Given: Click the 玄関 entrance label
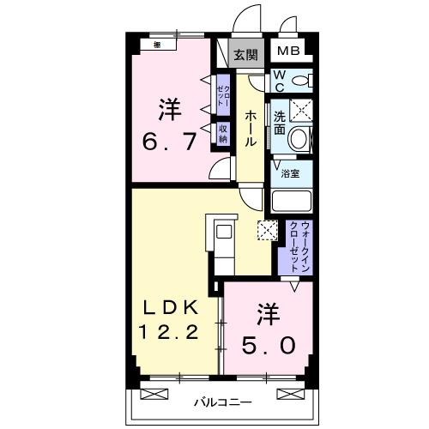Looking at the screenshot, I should coord(245,55).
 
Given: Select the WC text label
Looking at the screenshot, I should coord(280,81).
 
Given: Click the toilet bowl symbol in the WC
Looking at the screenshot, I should coord(299,81).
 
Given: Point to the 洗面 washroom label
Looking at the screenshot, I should coord(281,123).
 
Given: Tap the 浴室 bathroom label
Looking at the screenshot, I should coord(291,173).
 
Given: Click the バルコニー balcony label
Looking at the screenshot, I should coord(221,400).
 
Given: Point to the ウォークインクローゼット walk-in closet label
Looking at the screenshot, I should coord(295,242).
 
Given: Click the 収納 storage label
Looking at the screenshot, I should coord(221,134).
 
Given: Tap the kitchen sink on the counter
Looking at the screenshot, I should coord(222,232).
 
